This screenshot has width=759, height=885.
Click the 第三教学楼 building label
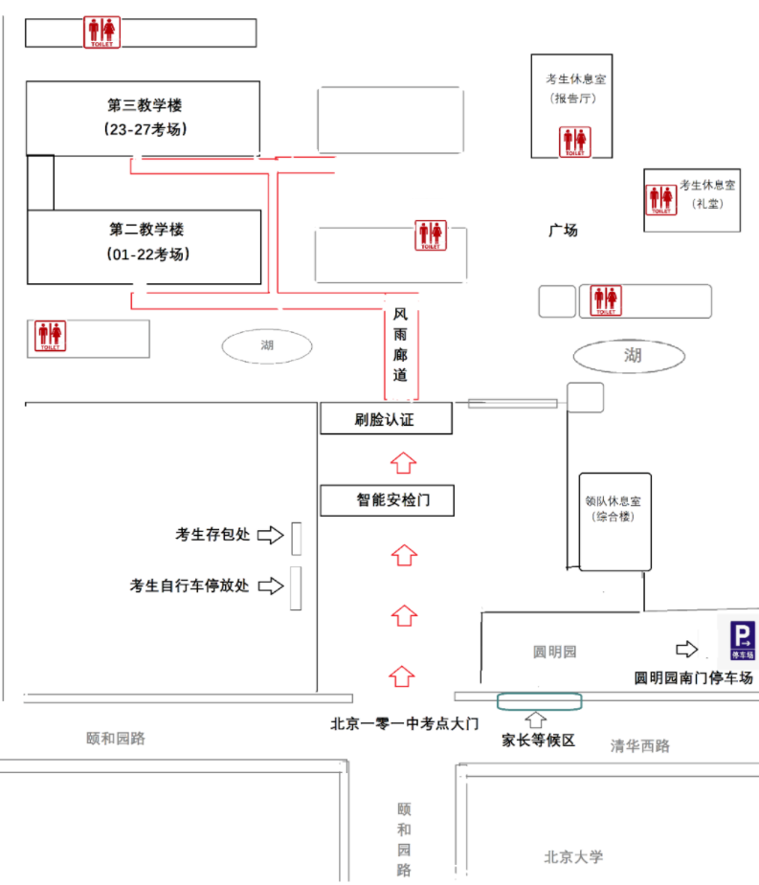click(x=145, y=105)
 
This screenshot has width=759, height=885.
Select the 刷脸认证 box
click(x=387, y=418)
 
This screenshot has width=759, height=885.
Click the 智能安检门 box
click(x=388, y=500)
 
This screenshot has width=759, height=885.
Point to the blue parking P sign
click(x=742, y=640)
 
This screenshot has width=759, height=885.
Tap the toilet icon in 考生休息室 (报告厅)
click(x=575, y=142)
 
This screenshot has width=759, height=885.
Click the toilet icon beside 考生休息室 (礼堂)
click(x=661, y=199)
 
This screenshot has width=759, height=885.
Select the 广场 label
click(x=563, y=231)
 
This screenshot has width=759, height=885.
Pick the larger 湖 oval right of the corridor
click(x=629, y=356)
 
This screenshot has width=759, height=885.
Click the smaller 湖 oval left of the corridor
click(x=267, y=346)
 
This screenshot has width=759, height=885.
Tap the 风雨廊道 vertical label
click(x=400, y=344)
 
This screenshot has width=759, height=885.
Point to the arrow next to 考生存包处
click(x=271, y=535)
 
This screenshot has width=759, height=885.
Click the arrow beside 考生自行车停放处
click(x=271, y=586)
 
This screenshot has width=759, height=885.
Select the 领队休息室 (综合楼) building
click(x=615, y=522)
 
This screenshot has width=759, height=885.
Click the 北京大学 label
click(x=573, y=857)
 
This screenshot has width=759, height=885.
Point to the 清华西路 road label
click(x=640, y=745)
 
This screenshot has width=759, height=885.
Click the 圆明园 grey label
click(x=554, y=652)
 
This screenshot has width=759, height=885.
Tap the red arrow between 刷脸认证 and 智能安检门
click(x=403, y=463)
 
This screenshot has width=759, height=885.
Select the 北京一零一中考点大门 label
click(x=404, y=723)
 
